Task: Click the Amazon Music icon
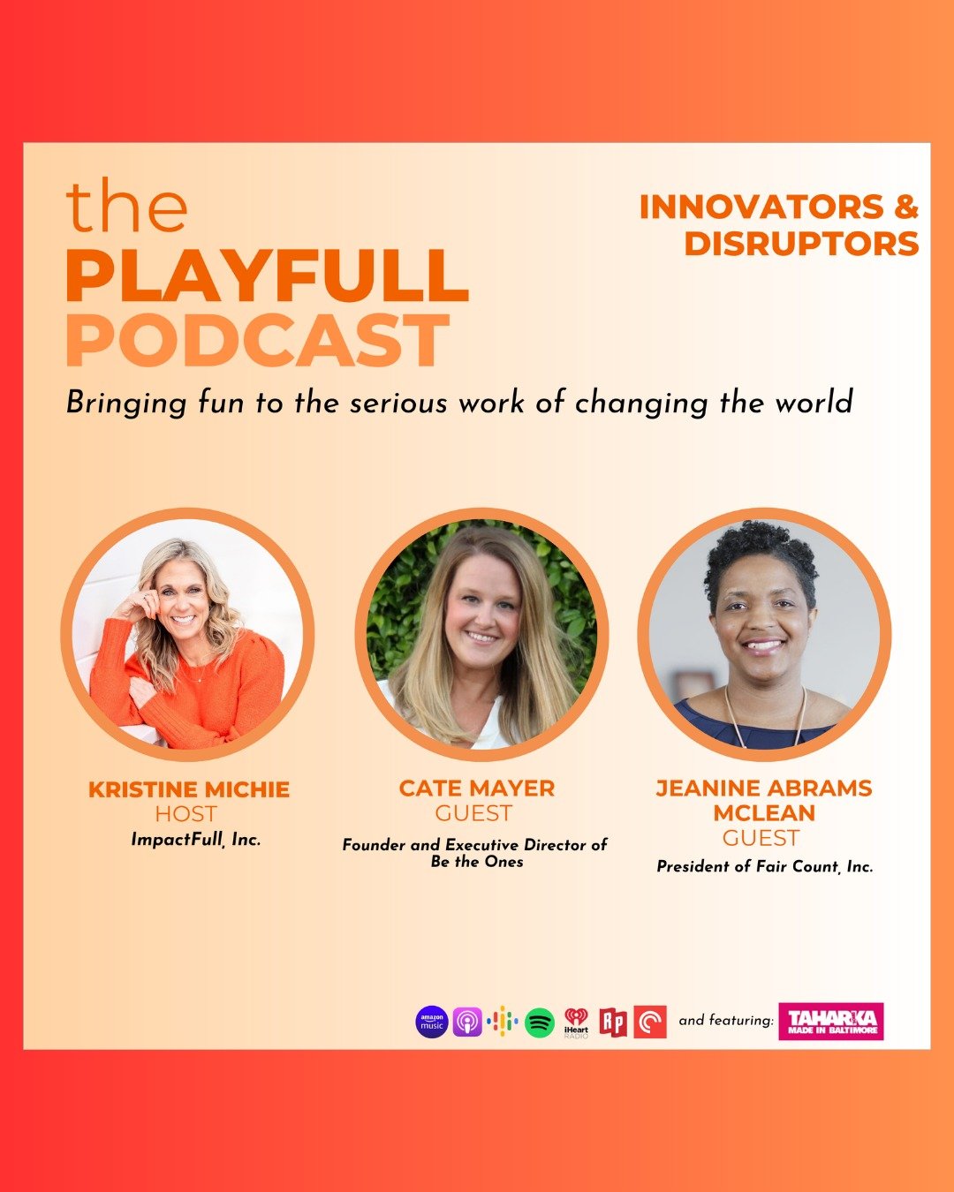(431, 1022)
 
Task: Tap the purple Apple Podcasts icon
(467, 1022)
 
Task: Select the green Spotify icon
(540, 1022)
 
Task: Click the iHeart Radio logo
(576, 1022)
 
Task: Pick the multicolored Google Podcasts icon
(503, 1022)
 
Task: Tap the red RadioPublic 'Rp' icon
(613, 1022)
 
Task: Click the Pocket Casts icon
(650, 1022)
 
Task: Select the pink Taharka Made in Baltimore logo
(831, 1022)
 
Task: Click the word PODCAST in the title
(257, 342)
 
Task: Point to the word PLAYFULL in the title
(267, 275)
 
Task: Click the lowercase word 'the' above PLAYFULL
(127, 207)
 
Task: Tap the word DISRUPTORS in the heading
(801, 244)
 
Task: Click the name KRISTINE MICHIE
(189, 789)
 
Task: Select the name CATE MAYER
(477, 788)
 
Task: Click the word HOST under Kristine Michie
(185, 814)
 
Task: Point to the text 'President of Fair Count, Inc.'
(764, 867)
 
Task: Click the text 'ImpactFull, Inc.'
(195, 840)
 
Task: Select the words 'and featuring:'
(725, 1021)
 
